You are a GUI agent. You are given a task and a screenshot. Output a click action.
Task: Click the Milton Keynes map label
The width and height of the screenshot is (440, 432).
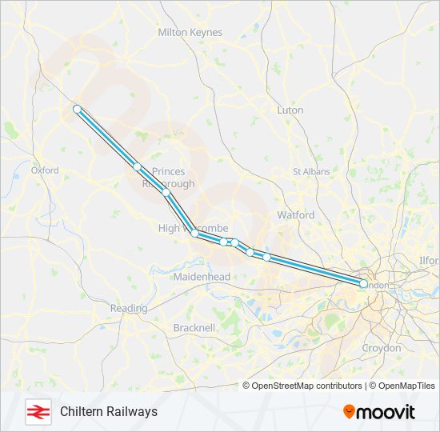[x=190, y=33]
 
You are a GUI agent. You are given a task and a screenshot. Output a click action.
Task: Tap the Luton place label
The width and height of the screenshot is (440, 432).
[x=290, y=110]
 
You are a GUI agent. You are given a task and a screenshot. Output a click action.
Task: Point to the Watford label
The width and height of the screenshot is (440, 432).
[x=295, y=215]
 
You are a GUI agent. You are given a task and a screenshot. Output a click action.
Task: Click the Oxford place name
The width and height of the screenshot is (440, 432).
[x=45, y=170]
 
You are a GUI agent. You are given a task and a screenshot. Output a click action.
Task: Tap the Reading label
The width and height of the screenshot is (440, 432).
[x=129, y=309]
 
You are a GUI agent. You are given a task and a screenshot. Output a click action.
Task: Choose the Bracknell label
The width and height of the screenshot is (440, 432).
[x=194, y=328]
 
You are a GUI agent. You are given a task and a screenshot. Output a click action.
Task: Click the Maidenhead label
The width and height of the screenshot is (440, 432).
[x=202, y=277]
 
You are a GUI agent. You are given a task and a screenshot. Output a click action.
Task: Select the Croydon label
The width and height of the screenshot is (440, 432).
[x=381, y=349]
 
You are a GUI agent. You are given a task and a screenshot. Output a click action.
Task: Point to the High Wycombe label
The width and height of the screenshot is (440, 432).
[x=193, y=229]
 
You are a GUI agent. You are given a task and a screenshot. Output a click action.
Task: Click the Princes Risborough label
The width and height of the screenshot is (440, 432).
[x=168, y=178]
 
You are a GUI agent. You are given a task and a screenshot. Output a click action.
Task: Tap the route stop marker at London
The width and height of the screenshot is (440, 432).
[x=363, y=284]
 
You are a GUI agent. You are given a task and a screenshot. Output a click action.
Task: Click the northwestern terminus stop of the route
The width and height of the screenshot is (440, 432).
[x=77, y=109]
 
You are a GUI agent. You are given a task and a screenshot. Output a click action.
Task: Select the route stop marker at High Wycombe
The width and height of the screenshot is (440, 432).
[x=194, y=234]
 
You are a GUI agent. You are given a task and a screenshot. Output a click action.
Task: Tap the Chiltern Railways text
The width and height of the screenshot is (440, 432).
[x=109, y=411]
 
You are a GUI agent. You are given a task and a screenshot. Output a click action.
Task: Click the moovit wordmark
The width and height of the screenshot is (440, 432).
[x=386, y=412]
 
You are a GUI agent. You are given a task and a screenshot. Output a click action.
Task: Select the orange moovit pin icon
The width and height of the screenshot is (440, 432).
[x=349, y=412]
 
